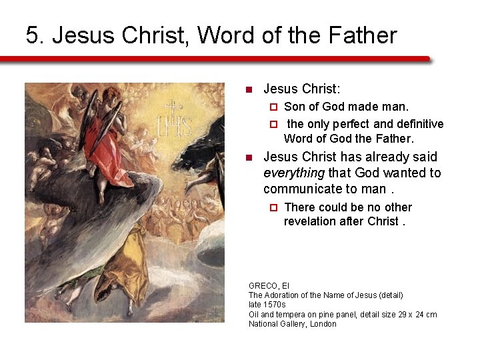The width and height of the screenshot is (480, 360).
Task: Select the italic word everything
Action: [294, 173]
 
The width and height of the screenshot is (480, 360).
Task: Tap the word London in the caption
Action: [323, 324]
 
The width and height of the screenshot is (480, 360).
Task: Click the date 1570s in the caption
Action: [272, 305]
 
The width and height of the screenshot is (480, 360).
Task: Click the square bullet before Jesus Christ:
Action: [249, 89]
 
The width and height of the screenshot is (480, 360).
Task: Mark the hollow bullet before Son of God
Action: [272, 107]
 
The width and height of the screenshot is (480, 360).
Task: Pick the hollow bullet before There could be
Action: [272, 207]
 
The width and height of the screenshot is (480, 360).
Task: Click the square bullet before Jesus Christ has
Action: [249, 158]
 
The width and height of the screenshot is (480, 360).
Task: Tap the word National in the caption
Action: [263, 324]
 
